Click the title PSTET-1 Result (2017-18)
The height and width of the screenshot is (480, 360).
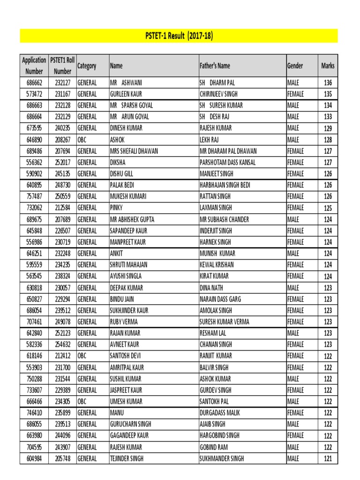point(179,36)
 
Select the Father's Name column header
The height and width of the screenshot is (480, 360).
point(215,66)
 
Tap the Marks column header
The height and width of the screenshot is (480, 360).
point(328,66)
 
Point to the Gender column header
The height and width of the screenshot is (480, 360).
point(295,66)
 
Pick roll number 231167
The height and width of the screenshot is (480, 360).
point(62,94)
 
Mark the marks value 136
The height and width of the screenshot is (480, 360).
point(328,82)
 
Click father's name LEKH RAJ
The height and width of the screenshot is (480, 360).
point(209,139)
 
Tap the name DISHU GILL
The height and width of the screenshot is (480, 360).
point(121,173)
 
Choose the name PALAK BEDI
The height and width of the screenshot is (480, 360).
point(122,185)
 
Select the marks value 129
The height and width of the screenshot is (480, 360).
point(328,128)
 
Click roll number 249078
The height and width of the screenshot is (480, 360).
point(62,322)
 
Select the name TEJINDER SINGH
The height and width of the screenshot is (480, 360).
point(127,458)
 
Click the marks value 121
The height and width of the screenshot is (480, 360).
point(328,458)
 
